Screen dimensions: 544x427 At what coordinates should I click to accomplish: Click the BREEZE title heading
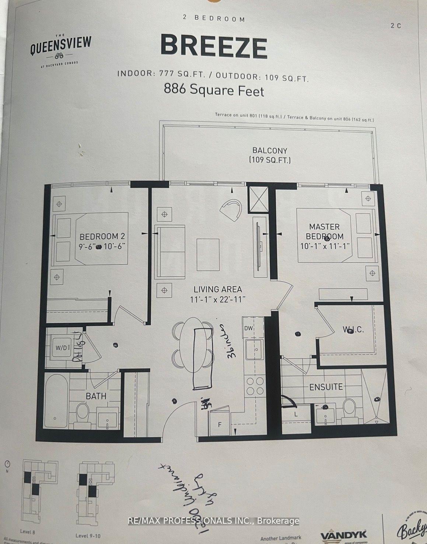[214, 47]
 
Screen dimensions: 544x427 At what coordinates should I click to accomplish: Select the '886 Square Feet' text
[214, 90]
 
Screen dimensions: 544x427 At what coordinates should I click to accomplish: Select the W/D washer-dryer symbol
[62, 347]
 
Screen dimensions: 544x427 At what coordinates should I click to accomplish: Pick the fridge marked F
[220, 424]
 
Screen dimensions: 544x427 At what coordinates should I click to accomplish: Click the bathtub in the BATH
[56, 401]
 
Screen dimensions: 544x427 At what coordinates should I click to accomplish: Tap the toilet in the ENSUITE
[349, 408]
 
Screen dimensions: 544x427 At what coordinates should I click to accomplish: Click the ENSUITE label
[326, 387]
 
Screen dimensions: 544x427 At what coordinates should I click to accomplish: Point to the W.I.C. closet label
[353, 330]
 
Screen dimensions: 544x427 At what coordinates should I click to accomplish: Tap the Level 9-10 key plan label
[88, 536]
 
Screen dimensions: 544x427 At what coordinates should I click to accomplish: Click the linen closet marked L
[296, 414]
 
